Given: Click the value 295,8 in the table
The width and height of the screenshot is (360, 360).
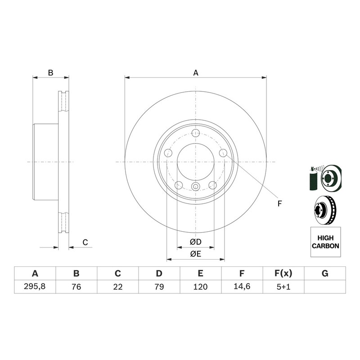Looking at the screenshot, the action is (x=35, y=286).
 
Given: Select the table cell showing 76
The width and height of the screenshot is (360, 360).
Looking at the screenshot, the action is (x=76, y=287).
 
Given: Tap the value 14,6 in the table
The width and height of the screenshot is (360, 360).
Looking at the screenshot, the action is (x=242, y=286).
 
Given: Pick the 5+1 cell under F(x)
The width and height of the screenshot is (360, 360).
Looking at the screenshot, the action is (x=283, y=287).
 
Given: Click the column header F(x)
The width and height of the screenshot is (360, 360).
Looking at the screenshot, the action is (x=283, y=273).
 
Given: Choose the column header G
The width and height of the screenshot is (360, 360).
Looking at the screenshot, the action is (x=325, y=273).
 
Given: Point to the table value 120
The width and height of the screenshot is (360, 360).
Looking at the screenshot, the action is (x=200, y=287).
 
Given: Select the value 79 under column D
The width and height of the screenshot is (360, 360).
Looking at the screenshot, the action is (x=159, y=287).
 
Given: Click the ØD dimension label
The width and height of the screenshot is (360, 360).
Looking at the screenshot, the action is (x=196, y=242).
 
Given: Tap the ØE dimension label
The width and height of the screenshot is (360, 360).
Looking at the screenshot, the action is (x=196, y=254).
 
